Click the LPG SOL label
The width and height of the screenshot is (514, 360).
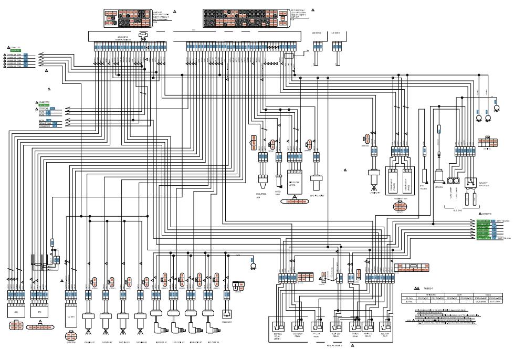(x=440, y=187)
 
